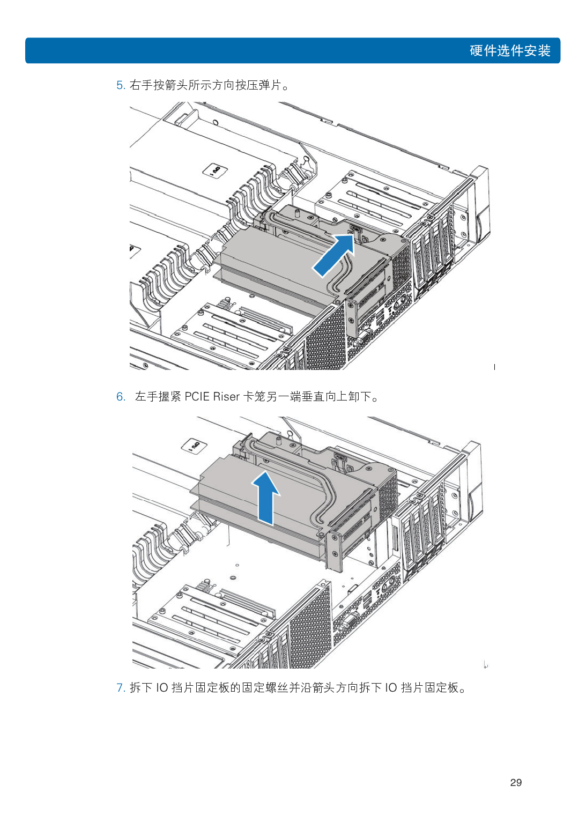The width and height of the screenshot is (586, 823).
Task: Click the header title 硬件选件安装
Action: click(x=510, y=51)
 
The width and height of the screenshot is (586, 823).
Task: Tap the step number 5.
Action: click(x=120, y=85)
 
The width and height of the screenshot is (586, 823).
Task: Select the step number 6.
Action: click(x=120, y=397)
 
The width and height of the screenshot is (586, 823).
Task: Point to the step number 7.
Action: click(x=120, y=688)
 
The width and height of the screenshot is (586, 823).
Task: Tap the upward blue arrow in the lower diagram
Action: click(x=265, y=498)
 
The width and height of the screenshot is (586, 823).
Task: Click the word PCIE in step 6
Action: click(x=197, y=397)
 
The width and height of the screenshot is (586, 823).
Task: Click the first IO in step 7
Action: click(x=162, y=688)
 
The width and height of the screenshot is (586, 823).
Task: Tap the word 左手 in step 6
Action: click(x=146, y=397)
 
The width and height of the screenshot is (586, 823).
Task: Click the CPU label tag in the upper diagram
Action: click(x=216, y=170)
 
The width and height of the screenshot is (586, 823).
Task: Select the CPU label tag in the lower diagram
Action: click(x=195, y=447)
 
